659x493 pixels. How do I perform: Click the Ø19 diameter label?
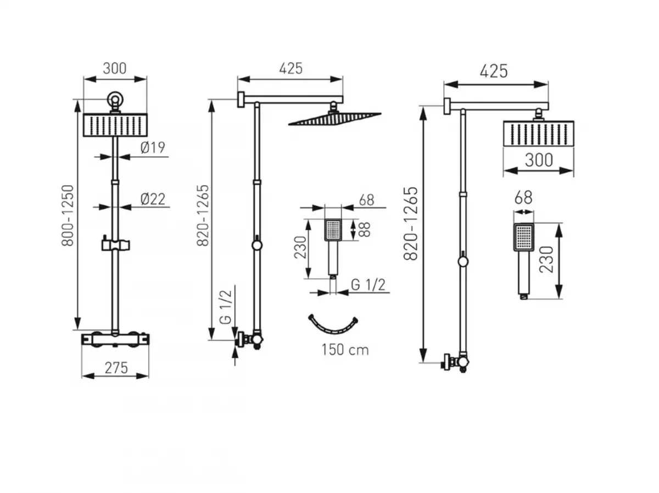click(153, 147)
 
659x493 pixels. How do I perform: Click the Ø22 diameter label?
click(153, 198)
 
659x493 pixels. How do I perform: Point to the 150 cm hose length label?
click(345, 350)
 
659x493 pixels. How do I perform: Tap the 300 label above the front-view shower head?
click(115, 68)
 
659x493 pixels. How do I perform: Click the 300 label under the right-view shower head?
click(538, 160)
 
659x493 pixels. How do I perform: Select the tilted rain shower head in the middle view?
click(335, 118)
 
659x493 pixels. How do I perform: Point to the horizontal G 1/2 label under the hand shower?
click(367, 285)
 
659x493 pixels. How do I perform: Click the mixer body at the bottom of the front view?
click(115, 340)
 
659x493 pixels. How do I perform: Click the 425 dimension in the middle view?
click(291, 68)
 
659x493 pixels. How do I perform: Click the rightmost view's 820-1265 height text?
click(411, 223)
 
